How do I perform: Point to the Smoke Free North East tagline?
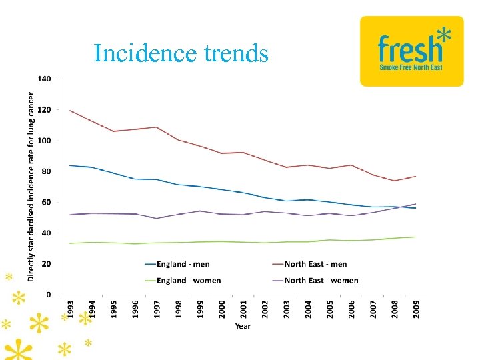[x=411, y=67]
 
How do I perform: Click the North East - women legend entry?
[x=321, y=281]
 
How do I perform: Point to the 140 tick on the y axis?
[x=45, y=79]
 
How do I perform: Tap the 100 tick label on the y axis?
[x=45, y=141]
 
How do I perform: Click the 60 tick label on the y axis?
[x=47, y=202]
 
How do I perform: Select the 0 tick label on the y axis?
[x=49, y=295]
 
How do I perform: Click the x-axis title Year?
[x=243, y=326]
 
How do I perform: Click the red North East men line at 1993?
[x=71, y=111]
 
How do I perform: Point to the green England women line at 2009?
[x=415, y=237]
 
